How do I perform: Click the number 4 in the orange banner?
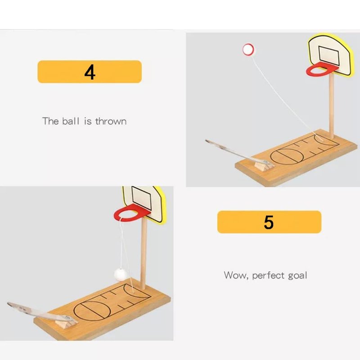click(90, 72)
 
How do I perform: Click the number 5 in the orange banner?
click(269, 222)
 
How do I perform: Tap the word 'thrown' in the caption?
click(111, 121)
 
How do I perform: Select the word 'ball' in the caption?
click(71, 121)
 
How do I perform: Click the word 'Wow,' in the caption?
click(236, 275)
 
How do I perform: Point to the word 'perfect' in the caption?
click(268, 275)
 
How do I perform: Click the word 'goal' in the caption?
click(297, 276)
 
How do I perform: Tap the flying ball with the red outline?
click(248, 49)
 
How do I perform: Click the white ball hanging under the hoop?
click(121, 274)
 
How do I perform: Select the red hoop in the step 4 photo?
click(309, 71)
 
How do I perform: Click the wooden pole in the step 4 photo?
click(331, 106)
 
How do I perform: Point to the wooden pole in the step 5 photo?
click(143, 254)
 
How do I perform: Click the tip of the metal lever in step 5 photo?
click(8, 304)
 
